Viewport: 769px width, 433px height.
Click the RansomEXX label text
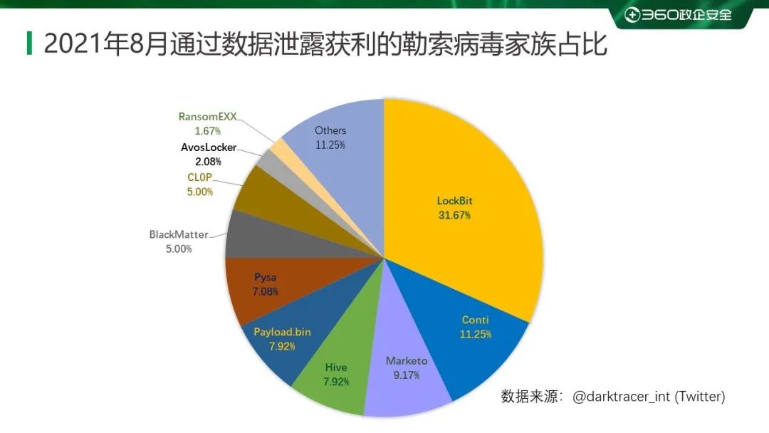click(208, 118)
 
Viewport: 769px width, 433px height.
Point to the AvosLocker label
click(208, 148)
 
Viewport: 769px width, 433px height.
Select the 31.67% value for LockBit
click(454, 215)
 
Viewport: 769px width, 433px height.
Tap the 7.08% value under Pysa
click(265, 291)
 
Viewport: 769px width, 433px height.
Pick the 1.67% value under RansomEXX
click(208, 132)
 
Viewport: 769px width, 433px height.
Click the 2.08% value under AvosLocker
click(208, 162)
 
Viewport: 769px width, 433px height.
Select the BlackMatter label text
click(179, 234)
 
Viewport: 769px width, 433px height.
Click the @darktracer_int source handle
click(622, 397)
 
